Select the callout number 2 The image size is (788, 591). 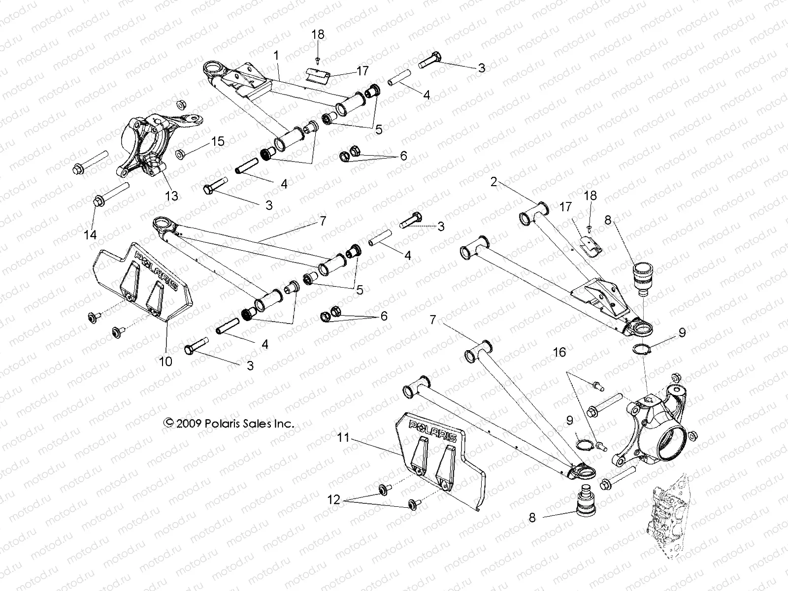click(494, 182)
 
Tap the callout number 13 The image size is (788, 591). click(171, 196)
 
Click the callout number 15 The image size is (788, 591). click(217, 142)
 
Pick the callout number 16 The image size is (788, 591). click(559, 353)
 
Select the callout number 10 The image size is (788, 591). click(166, 361)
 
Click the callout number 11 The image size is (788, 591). click(343, 437)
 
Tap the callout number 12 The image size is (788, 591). click(334, 500)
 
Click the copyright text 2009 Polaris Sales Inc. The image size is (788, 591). click(230, 423)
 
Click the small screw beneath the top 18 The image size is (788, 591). click(318, 60)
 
